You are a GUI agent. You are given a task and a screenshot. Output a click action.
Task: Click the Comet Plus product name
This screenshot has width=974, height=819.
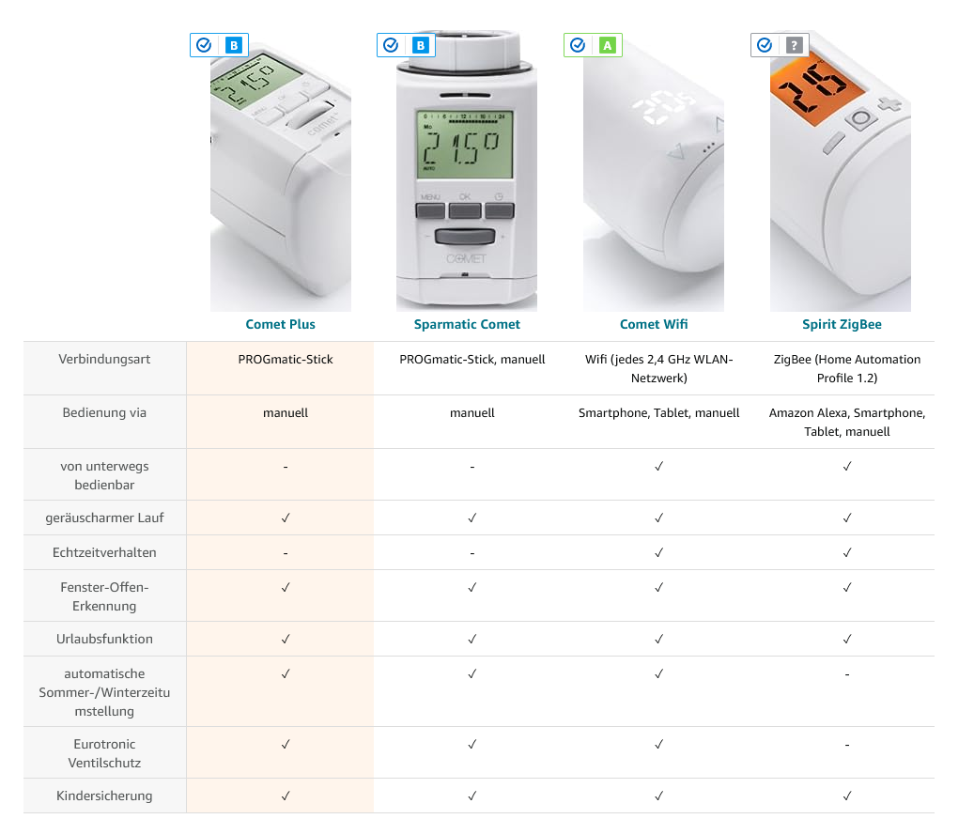pyautogui.click(x=280, y=324)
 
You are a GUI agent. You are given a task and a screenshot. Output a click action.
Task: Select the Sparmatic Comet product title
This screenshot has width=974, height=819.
pyautogui.click(x=467, y=324)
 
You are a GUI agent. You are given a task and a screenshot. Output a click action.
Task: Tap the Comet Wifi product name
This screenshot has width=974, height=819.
pyautogui.click(x=654, y=324)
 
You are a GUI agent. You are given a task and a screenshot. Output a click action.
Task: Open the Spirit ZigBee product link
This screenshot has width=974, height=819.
pyautogui.click(x=842, y=324)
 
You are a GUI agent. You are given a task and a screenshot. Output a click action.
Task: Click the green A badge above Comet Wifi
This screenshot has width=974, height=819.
pyautogui.click(x=607, y=45)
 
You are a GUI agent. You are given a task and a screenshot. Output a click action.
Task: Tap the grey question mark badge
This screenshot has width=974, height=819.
pyautogui.click(x=794, y=45)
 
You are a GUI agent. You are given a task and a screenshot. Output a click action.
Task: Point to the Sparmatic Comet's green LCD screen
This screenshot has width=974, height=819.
pyautogui.click(x=465, y=144)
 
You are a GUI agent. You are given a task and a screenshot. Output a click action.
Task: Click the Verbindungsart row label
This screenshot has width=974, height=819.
pyautogui.click(x=104, y=359)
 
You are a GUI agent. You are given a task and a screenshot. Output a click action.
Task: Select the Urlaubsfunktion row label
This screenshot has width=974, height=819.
pyautogui.click(x=104, y=639)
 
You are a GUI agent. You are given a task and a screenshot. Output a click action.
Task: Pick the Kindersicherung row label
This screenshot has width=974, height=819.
pyautogui.click(x=104, y=796)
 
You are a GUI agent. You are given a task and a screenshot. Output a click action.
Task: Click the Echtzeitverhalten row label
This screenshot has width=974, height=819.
pyautogui.click(x=104, y=552)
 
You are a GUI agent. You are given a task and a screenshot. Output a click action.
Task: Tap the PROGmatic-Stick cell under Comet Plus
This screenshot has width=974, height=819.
pyautogui.click(x=286, y=360)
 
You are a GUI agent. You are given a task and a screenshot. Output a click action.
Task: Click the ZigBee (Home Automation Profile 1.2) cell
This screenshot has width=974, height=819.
pyautogui.click(x=846, y=369)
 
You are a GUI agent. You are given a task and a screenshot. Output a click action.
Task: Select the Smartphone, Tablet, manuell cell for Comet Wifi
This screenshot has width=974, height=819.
pyautogui.click(x=658, y=413)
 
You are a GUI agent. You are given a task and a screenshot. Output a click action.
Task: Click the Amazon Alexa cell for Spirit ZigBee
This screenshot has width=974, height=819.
pyautogui.click(x=846, y=423)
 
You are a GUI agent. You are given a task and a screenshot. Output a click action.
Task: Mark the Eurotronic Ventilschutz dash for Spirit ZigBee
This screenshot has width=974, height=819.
pyautogui.click(x=846, y=745)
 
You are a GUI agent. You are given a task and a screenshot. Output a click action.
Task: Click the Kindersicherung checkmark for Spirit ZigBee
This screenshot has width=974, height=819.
pyautogui.click(x=846, y=796)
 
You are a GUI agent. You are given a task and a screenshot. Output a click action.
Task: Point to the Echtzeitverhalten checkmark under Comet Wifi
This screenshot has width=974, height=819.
pyautogui.click(x=658, y=552)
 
